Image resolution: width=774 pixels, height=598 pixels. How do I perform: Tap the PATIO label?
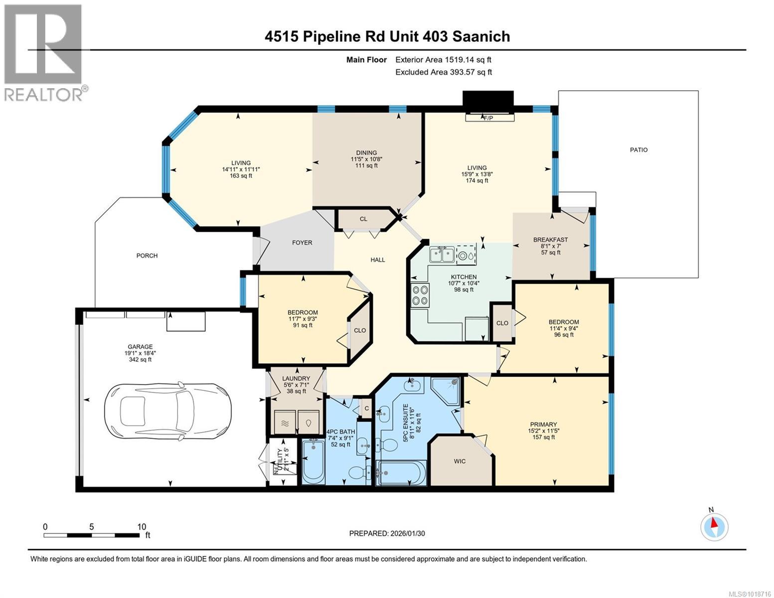pos(638,149)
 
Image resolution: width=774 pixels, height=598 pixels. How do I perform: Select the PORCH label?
pos(147,256)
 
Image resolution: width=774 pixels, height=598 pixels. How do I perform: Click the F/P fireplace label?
pos(488,118)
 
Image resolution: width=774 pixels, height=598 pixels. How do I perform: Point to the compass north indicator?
pos(714,526)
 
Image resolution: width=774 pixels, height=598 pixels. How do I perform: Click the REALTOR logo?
pos(44,52)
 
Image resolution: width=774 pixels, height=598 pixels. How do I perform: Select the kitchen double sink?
pos(442,254)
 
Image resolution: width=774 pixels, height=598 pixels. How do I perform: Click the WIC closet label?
pos(460,461)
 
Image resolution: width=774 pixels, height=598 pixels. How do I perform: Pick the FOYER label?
pos(302,243)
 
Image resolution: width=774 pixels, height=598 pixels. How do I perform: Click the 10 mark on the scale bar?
pos(142,527)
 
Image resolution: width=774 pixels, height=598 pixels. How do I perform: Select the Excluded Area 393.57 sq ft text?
pos(443,72)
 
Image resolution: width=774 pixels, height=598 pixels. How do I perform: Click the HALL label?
pos(378,260)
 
